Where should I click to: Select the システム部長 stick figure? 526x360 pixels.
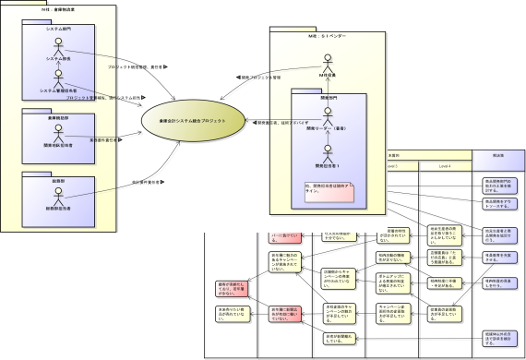[59, 47]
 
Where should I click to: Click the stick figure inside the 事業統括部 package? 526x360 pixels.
[59, 135]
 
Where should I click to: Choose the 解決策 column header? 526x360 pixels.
[497, 156]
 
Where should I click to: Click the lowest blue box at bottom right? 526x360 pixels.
[498, 335]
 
